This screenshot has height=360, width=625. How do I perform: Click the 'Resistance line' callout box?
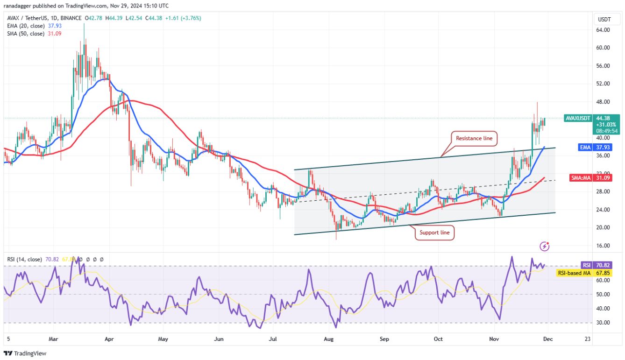pyautogui.click(x=474, y=138)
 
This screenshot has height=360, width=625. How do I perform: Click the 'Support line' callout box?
pyautogui.click(x=434, y=232)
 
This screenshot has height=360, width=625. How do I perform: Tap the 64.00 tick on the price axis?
pyautogui.click(x=603, y=30)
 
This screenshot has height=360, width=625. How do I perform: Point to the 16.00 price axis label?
pyautogui.click(x=603, y=246)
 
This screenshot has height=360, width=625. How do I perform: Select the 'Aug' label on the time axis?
pyautogui.click(x=330, y=339)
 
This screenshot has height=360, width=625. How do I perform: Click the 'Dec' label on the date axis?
pyautogui.click(x=547, y=339)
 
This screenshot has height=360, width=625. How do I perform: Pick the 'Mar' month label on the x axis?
pyautogui.click(x=53, y=339)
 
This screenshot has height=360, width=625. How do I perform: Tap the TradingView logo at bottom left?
pyautogui.click(x=26, y=353)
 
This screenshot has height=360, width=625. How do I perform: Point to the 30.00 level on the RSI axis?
pyautogui.click(x=603, y=323)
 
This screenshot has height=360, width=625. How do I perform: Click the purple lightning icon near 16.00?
pyautogui.click(x=544, y=246)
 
